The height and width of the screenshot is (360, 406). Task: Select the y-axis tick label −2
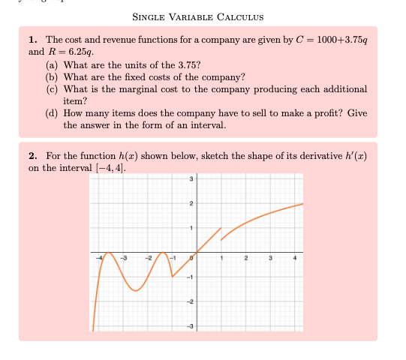pos(190,301)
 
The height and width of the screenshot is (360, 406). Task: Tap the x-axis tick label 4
pos(296,258)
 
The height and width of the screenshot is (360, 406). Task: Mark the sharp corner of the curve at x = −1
pos(172,277)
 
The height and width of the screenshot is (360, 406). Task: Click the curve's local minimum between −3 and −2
pos(136,291)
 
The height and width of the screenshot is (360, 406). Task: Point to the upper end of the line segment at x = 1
pos(221,226)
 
